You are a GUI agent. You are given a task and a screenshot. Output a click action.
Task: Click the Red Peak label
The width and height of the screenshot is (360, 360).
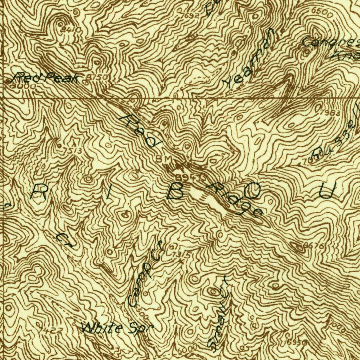(46, 77)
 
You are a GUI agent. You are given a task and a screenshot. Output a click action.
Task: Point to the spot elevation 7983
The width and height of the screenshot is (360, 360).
(331, 112)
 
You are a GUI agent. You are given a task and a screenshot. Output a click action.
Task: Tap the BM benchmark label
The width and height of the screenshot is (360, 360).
(164, 160)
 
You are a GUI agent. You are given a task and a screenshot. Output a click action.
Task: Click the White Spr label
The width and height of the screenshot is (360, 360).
(117, 328)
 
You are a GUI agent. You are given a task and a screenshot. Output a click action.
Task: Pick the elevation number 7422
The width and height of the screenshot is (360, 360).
(51, 330)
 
